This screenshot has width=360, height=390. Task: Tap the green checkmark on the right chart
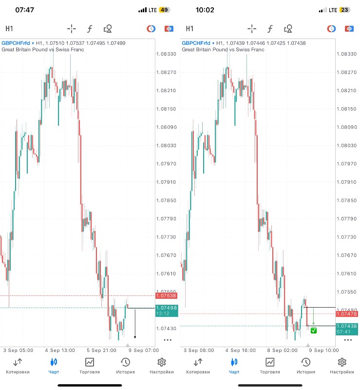click(314, 331)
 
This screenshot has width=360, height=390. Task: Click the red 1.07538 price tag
click(166, 295)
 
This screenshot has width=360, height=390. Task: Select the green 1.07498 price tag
click(166, 308)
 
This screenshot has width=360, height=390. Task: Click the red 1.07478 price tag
click(347, 314)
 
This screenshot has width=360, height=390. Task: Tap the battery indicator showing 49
click(164, 10)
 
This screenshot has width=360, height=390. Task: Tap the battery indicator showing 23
click(345, 10)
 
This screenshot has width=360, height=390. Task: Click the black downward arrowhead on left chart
click(135, 337)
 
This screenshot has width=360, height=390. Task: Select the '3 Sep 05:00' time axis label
click(18, 350)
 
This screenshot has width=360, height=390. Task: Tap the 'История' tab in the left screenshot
click(125, 366)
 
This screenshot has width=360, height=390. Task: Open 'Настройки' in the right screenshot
click(342, 366)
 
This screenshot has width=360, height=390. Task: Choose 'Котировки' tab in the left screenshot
click(18, 366)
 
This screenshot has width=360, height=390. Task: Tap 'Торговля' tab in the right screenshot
click(270, 366)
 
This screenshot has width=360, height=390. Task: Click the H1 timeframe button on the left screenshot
click(9, 29)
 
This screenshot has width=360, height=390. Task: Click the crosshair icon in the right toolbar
click(252, 29)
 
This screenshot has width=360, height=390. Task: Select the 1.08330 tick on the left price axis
click(166, 54)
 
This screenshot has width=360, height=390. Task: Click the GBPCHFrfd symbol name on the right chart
click(196, 43)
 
